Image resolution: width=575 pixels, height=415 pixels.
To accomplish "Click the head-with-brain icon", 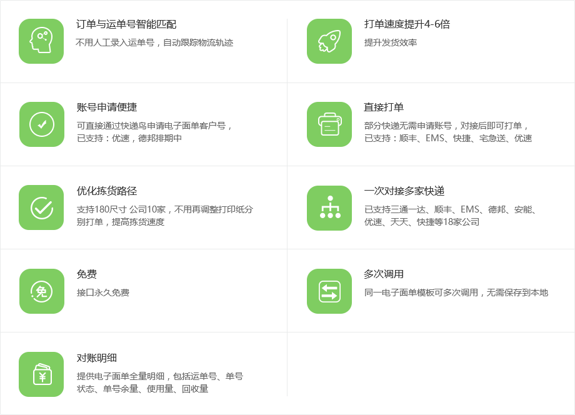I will (x=41, y=41).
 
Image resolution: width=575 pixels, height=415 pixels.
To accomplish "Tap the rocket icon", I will (x=329, y=41).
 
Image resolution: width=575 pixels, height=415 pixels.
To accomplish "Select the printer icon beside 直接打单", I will (x=329, y=124).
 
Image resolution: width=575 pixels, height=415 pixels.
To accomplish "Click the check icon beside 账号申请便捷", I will (x=41, y=124).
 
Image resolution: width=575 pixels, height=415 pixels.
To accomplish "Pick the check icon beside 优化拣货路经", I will (x=41, y=207).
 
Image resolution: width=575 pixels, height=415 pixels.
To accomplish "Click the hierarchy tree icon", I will (x=329, y=207).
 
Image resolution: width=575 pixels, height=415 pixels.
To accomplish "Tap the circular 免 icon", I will (x=41, y=291).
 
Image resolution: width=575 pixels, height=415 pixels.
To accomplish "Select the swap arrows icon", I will (x=329, y=291).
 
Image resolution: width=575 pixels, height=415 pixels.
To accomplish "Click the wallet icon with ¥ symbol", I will (x=41, y=374).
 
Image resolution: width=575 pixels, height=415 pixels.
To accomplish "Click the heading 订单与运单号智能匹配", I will (x=126, y=24).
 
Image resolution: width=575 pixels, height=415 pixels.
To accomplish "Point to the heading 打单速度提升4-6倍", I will (x=407, y=24).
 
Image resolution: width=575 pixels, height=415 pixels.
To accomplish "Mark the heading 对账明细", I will (x=97, y=357).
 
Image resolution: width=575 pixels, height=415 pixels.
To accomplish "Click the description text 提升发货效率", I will (x=391, y=42).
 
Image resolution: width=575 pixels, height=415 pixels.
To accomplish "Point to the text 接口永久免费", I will (x=103, y=292).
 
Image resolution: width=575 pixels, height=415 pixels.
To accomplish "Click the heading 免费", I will (x=87, y=274).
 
